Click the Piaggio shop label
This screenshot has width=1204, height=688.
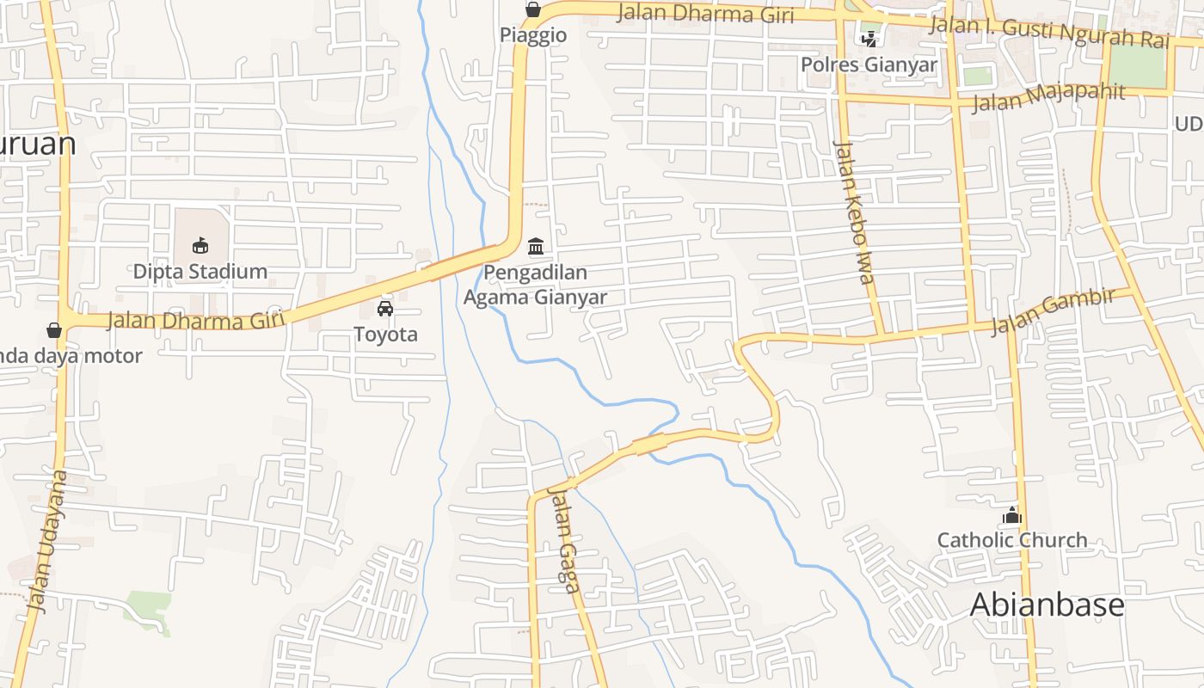tap(533, 35)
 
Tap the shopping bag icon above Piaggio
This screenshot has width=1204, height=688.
tap(533, 10)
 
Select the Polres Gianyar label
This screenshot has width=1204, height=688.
tap(869, 64)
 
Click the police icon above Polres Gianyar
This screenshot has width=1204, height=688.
tap(869, 39)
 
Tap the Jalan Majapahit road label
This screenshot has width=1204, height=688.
tap(1048, 96)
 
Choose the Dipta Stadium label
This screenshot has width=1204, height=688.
tap(200, 272)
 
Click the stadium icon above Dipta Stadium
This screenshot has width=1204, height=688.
tap(200, 246)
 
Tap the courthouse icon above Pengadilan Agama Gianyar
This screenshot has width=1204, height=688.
tap(536, 247)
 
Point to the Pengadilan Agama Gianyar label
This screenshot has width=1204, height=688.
tap(535, 286)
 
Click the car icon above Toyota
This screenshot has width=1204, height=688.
tap(385, 309)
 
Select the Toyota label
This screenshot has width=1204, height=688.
tap(385, 335)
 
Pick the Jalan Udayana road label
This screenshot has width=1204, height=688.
tap(47, 541)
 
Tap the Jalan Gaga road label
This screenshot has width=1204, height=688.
tap(563, 539)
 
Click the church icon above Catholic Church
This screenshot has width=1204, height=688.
tap(1012, 515)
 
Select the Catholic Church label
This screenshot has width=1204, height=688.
tap(1012, 541)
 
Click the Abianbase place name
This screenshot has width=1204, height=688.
tap(1047, 605)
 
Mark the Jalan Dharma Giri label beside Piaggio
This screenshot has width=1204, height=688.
tap(705, 14)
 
